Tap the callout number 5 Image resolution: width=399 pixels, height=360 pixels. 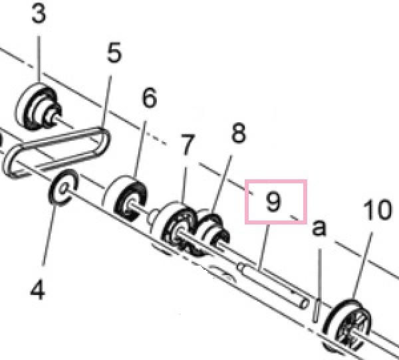tap(114, 53)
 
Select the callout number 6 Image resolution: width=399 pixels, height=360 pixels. tap(148, 99)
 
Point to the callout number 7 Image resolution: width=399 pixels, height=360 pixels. tap(188, 142)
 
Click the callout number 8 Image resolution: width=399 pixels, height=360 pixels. tap(238, 133)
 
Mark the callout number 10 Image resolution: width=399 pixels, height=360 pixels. tap(378, 211)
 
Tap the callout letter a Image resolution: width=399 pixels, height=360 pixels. tap(319, 228)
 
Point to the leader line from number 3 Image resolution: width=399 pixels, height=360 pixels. tap(39, 56)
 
